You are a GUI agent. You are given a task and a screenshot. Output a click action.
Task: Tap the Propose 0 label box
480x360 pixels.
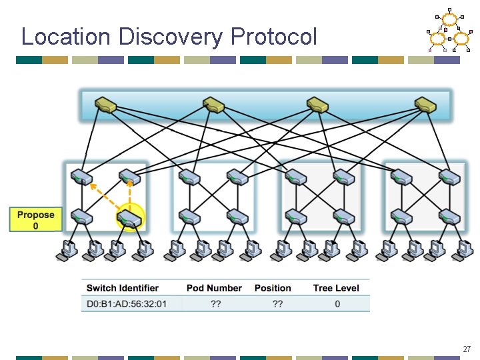35,220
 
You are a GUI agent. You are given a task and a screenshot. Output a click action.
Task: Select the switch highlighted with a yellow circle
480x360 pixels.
129,218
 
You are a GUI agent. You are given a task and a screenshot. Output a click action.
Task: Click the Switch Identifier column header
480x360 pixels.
123,288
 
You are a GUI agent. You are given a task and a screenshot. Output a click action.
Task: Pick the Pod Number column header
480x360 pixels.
214,288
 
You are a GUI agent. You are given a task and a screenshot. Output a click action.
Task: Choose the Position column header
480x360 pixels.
273,288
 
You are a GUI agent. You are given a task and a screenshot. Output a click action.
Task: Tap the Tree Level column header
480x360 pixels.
336,288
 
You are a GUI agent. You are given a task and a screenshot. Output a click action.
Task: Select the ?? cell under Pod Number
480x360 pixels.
215,304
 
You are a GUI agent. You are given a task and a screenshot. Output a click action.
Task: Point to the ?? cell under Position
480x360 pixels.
277,304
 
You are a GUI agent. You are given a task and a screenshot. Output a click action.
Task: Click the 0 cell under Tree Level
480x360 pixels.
337,304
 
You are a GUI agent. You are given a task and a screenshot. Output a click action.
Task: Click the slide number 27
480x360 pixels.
467,349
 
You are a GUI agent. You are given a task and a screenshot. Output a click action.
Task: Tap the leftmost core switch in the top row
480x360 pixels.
105,105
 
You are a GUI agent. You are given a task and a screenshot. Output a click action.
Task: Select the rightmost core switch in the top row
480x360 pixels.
425,105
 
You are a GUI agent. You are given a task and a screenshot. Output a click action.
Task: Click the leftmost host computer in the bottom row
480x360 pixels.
67,249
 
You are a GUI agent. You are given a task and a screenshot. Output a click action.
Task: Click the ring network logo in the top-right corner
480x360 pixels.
449,32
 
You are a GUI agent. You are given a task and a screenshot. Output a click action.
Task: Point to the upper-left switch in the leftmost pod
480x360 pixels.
83,176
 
